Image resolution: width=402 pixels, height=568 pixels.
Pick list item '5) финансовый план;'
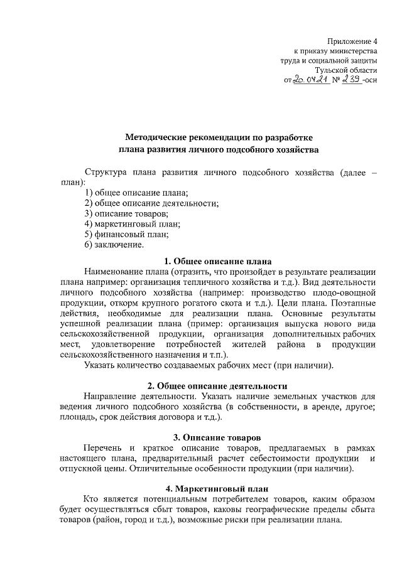[x=126, y=234]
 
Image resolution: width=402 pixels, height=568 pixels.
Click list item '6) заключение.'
[x=114, y=244]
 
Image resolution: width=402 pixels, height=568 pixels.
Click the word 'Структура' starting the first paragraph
[x=105, y=172]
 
